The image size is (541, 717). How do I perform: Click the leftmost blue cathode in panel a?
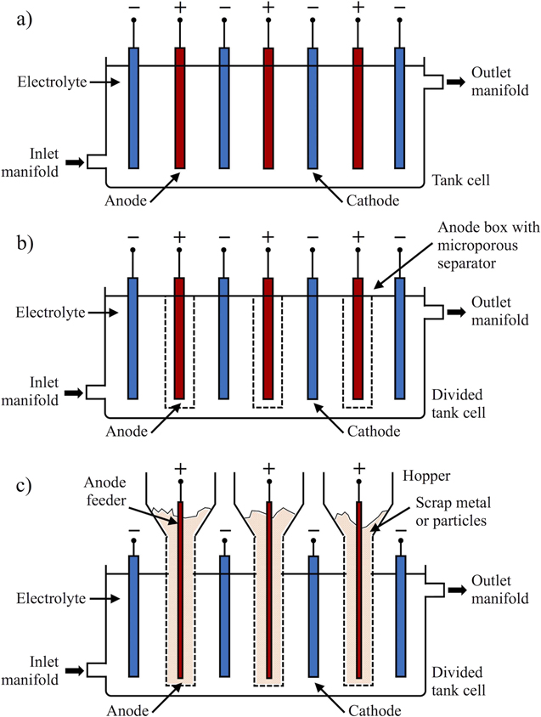click(x=133, y=107)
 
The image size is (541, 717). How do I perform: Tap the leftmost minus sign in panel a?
click(x=133, y=8)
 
